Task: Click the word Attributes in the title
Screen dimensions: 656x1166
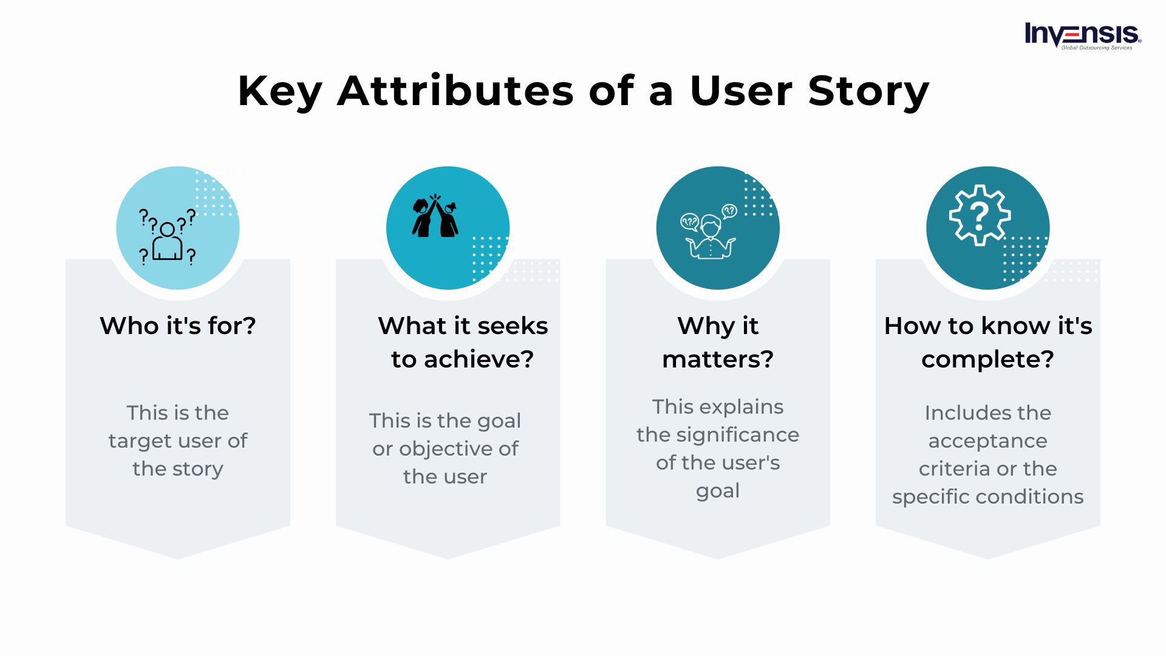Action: pos(455,91)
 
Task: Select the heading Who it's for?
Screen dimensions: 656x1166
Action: pos(178,326)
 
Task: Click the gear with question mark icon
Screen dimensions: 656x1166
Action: pos(979,216)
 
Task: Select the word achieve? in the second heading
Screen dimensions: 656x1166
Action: pos(478,360)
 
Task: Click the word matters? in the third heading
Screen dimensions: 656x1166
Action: pos(718,360)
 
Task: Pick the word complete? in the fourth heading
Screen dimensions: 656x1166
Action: pos(987,360)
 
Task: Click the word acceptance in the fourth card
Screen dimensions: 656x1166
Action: pos(987,441)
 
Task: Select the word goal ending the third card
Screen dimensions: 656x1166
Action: pos(718,491)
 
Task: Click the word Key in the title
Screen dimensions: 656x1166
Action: pos(279,91)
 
